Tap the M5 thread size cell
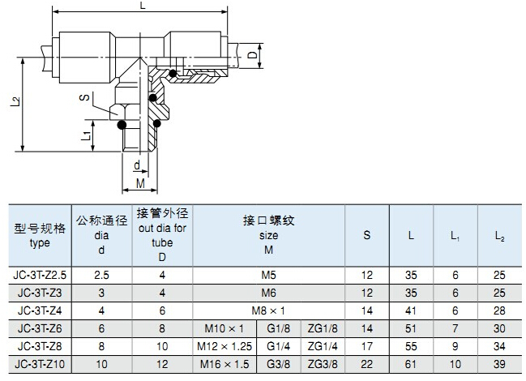(x=269, y=276)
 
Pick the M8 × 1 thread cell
(x=269, y=310)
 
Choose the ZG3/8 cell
(x=323, y=363)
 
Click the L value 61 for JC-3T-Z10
(x=411, y=363)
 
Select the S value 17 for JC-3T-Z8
(x=367, y=346)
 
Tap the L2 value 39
(x=499, y=363)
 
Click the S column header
(x=367, y=235)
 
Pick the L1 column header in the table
(x=455, y=235)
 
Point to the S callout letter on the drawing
(x=84, y=97)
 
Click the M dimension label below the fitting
(x=140, y=184)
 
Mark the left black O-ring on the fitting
(x=122, y=126)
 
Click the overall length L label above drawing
(x=143, y=6)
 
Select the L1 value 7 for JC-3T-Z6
(x=455, y=328)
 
